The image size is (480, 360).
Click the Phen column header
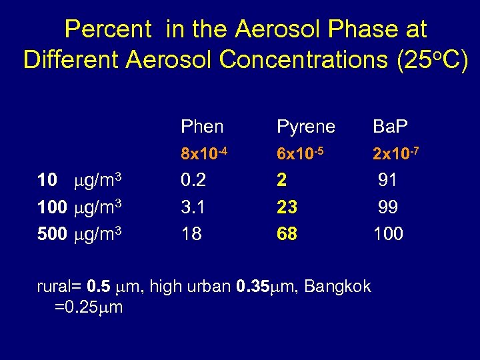tap(202, 127)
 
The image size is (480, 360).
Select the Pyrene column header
tap(307, 127)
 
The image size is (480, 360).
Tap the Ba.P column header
tap(391, 127)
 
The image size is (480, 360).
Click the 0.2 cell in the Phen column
tap(193, 181)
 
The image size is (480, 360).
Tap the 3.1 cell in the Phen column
tap(193, 207)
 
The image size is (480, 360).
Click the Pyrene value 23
tap(287, 207)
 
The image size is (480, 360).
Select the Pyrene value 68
tap(287, 234)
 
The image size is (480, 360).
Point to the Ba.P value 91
tap(388, 181)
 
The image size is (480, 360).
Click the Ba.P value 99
tap(388, 207)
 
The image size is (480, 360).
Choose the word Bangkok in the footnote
tap(338, 287)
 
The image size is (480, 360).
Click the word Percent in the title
tap(108, 29)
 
